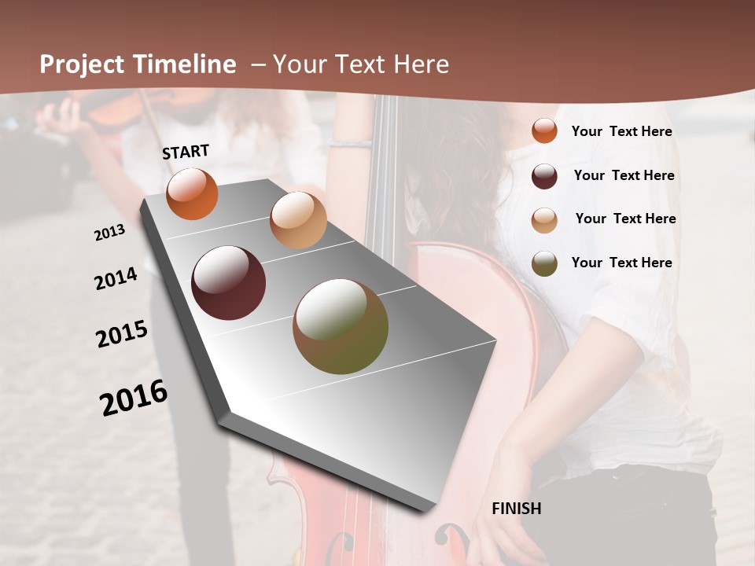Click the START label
tap(186, 152)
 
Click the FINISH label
tap(517, 509)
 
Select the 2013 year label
tap(109, 233)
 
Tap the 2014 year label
tap(116, 279)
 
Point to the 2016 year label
tap(134, 398)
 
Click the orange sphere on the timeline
tap(192, 194)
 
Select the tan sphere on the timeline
tap(298, 220)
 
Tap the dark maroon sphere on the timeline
tap(228, 283)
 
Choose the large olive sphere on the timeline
tap(341, 326)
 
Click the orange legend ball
tap(544, 131)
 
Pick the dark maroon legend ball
tap(544, 176)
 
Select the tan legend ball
tap(544, 220)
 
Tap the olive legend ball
tap(544, 263)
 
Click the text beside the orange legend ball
tap(621, 132)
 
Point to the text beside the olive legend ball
tap(621, 263)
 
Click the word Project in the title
tap(82, 64)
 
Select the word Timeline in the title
tap(184, 64)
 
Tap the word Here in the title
tap(421, 64)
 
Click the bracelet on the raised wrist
tap(350, 143)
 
